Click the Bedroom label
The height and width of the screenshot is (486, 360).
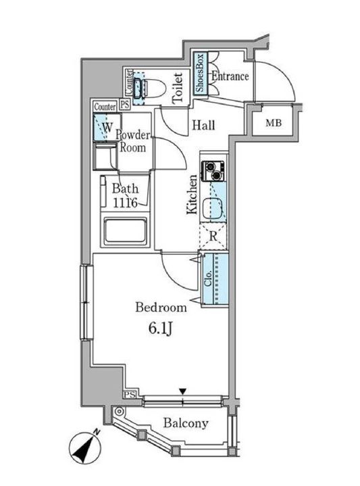point(161,307)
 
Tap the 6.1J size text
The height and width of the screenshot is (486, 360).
point(160,329)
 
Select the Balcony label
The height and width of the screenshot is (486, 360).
point(186,423)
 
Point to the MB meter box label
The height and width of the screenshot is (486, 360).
point(274,123)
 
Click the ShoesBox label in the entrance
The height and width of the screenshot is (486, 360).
point(200,73)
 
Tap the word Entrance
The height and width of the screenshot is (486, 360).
point(230,76)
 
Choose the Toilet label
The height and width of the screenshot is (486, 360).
point(178,88)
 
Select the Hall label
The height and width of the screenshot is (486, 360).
point(203,125)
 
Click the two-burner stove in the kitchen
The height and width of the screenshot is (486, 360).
point(213,171)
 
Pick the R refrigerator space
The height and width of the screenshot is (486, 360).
point(213,236)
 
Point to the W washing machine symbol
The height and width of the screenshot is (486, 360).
point(107,127)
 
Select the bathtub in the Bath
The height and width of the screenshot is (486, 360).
point(125,232)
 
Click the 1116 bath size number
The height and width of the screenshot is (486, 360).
point(125,203)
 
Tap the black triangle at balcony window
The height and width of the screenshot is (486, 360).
point(183,391)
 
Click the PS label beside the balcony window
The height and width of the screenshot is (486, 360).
point(130,395)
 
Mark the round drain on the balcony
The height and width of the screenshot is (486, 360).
point(119,412)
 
